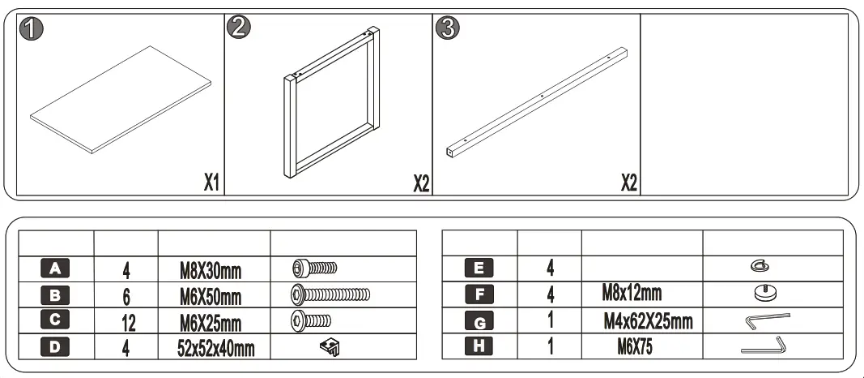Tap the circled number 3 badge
[x=448, y=30]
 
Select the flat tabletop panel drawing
[x=120, y=99]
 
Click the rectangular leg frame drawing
[x=332, y=102]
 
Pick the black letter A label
[x=55, y=268]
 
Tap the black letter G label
[x=479, y=322]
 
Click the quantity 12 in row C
[x=126, y=322]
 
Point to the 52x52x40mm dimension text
[x=215, y=349]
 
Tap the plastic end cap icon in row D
[x=330, y=348]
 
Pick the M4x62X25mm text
[x=648, y=322]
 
